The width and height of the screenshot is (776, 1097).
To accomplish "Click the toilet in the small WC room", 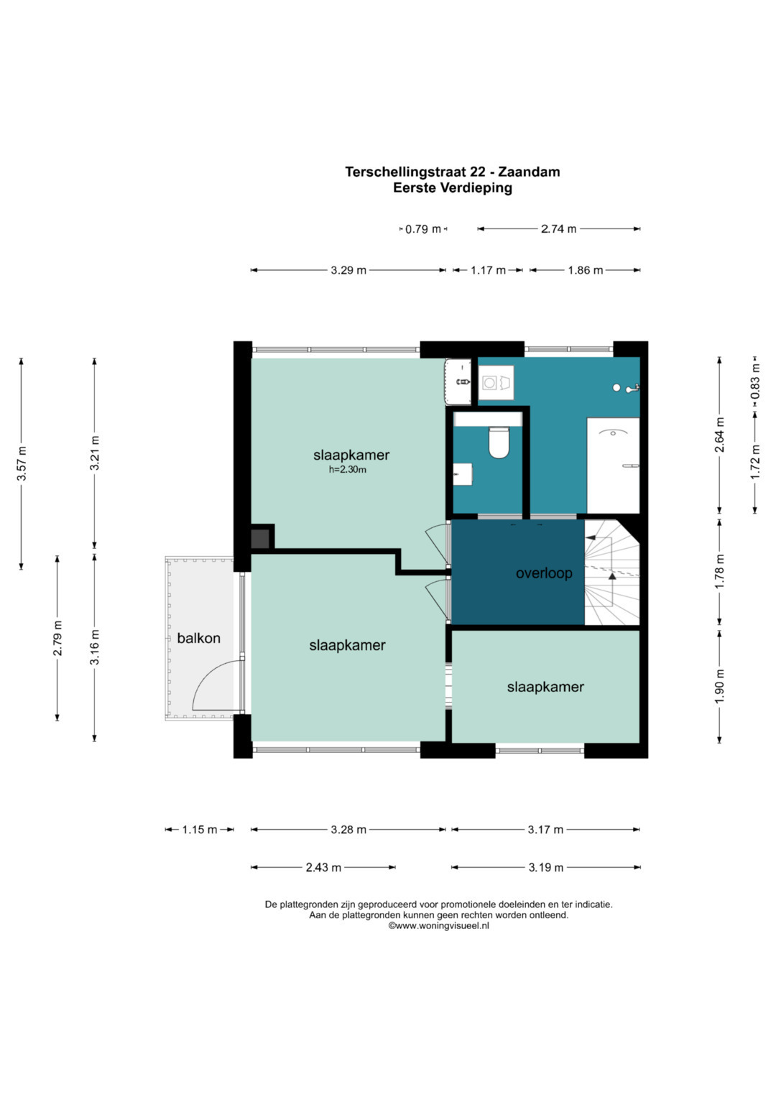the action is [x=499, y=442].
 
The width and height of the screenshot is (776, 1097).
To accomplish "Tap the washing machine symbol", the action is [x=496, y=382].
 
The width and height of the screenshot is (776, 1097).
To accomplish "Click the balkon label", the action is [x=198, y=638].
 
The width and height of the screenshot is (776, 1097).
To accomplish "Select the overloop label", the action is [x=544, y=573].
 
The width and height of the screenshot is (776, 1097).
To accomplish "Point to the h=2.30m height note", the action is [x=347, y=470].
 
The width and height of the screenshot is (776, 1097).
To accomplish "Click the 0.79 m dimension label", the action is [x=423, y=228].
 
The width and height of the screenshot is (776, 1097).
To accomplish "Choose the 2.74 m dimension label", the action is [x=558, y=228].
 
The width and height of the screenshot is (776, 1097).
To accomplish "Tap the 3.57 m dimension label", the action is [x=22, y=463].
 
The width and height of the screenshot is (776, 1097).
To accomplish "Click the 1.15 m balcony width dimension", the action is [x=200, y=830].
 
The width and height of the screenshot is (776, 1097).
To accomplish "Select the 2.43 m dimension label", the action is [x=323, y=867].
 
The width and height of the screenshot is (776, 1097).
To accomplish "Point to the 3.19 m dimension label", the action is [x=546, y=867].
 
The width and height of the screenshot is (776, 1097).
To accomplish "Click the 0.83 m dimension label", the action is [x=755, y=381].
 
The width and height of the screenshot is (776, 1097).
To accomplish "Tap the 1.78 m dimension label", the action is [x=719, y=572].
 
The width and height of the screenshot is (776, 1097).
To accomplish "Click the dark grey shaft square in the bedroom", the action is [x=260, y=539].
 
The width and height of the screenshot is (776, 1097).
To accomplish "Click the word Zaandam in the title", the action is [x=530, y=172].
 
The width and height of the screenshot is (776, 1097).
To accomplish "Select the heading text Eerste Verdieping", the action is [x=453, y=188].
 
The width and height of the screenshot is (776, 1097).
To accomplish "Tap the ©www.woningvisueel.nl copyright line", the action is [x=438, y=925].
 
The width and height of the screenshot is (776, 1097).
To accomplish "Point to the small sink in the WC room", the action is [x=462, y=474].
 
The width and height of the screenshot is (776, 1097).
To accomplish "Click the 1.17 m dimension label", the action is [x=488, y=270].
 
